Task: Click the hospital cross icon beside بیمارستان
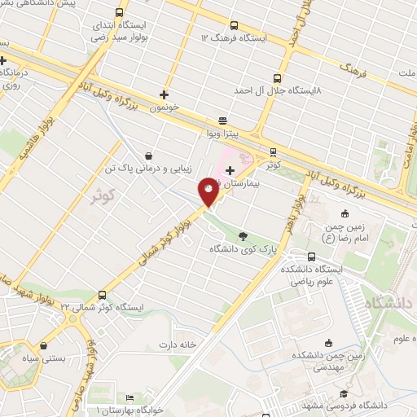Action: (230, 170)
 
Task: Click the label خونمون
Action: (165, 107)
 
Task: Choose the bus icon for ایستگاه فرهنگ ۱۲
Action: (235, 24)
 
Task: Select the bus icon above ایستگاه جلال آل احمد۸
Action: (277, 78)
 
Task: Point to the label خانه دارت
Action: (178, 344)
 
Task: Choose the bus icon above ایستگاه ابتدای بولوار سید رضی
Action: (120, 13)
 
